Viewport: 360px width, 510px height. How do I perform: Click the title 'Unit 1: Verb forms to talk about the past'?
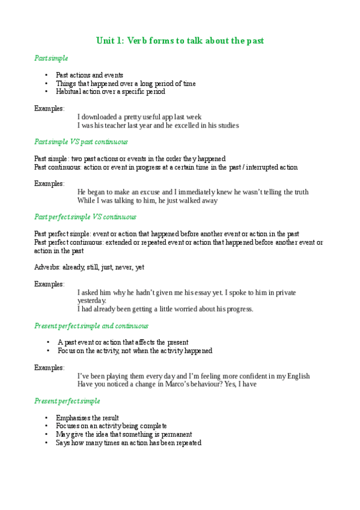pyautogui.click(x=180, y=41)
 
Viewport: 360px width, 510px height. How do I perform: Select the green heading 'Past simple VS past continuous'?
pyautogui.click(x=81, y=142)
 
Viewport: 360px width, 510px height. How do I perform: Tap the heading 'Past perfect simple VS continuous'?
pyautogui.click(x=85, y=217)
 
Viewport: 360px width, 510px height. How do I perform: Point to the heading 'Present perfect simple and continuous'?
pyautogui.click(x=91, y=326)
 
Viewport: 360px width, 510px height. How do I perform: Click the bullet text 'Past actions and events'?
pyautogui.click(x=89, y=75)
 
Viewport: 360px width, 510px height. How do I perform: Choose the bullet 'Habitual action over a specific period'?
pyautogui.click(x=110, y=92)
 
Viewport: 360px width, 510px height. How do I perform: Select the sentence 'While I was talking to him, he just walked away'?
pyautogui.click(x=147, y=201)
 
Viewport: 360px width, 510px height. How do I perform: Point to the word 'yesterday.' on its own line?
pyautogui.click(x=92, y=301)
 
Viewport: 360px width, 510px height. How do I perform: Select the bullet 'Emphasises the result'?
pyautogui.click(x=87, y=417)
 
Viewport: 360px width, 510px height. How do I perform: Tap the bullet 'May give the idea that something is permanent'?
pyautogui.click(x=124, y=434)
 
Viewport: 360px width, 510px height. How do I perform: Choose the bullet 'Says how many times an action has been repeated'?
pyautogui.click(x=128, y=443)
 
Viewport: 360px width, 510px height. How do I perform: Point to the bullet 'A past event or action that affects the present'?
pyautogui.click(x=123, y=342)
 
